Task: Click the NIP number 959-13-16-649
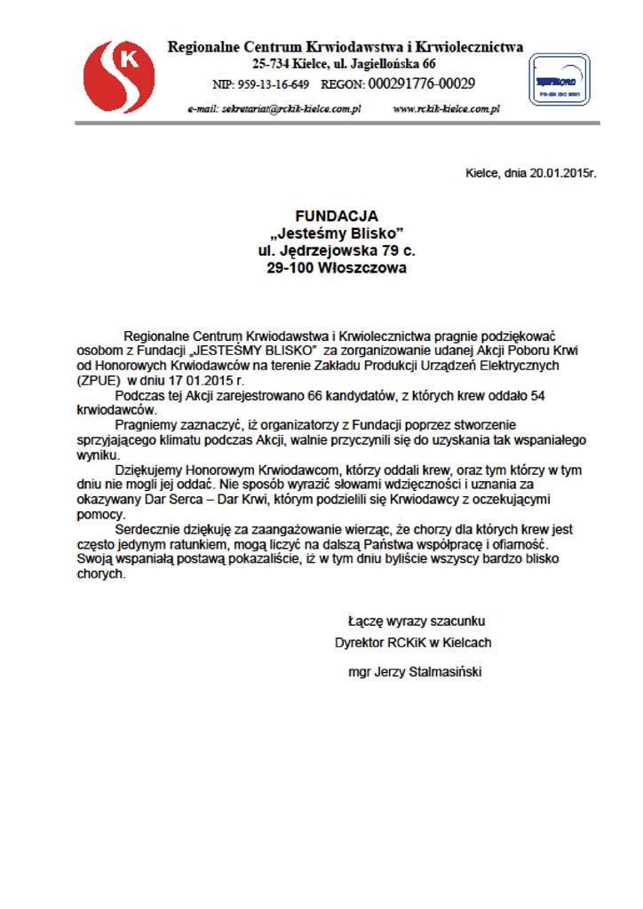(x=274, y=84)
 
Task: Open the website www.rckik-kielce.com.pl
(x=446, y=108)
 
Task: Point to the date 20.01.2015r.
(x=562, y=172)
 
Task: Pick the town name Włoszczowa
(x=356, y=267)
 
